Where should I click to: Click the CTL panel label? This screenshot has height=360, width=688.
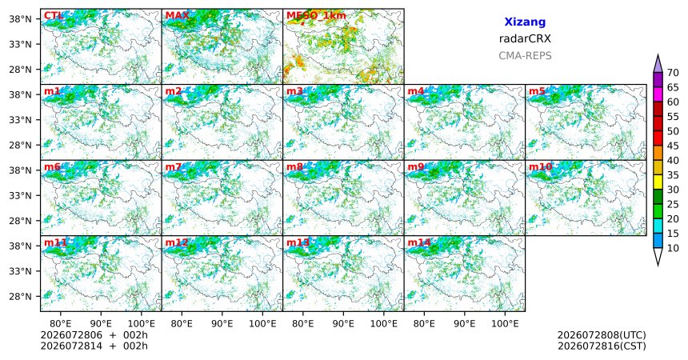coord(53,16)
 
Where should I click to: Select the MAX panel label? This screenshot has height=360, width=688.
coord(178,16)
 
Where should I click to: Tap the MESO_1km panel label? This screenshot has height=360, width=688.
coord(316,16)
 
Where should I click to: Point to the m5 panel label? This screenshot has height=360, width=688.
coord(537,91)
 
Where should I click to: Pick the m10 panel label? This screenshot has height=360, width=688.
coord(540,167)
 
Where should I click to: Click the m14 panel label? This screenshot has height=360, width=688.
coord(419,242)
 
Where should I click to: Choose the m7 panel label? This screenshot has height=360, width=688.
coord(174,167)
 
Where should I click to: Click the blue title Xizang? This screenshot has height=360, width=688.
coord(525,22)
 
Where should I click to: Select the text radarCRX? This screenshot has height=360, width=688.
coord(525,38)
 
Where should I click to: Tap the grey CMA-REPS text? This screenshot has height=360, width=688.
coord(525,56)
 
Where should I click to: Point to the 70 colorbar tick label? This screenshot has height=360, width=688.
coord(673,73)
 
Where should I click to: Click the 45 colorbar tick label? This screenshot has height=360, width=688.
coord(673,146)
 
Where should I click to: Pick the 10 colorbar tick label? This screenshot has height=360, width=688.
coord(673,248)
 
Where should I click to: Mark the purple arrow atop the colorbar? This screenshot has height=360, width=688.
coord(658,64)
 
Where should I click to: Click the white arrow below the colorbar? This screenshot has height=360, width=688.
coord(658,256)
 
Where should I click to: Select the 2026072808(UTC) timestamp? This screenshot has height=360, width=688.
coord(602,335)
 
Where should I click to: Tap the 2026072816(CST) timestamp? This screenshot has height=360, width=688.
coord(602,346)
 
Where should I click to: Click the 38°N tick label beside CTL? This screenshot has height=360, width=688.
coord(21,19)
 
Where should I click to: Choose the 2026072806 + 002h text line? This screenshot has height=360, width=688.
coord(94,335)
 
